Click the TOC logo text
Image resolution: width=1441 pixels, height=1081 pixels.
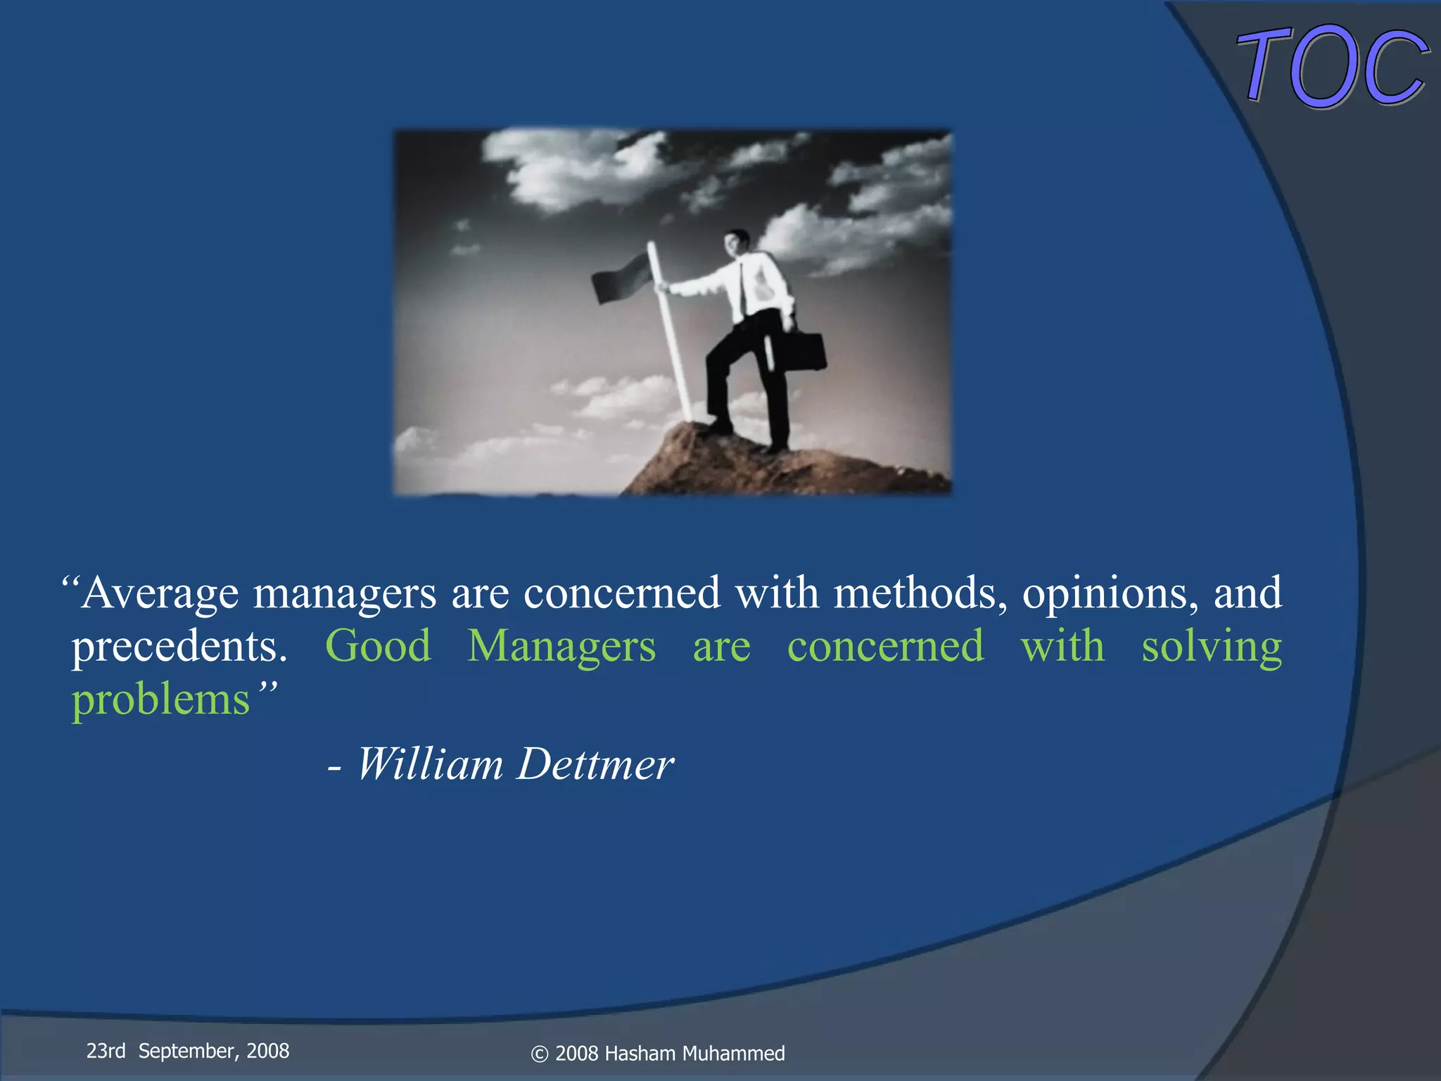click(1332, 67)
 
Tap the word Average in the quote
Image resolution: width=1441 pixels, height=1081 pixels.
click(160, 593)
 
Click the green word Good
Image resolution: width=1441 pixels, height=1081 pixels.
click(378, 646)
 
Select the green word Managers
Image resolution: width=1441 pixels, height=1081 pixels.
click(561, 646)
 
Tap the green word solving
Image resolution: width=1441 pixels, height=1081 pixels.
click(1211, 646)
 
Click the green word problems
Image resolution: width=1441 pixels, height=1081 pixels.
click(160, 700)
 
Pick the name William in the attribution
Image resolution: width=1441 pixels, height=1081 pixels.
click(430, 764)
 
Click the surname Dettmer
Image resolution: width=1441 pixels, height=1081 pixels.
click(595, 764)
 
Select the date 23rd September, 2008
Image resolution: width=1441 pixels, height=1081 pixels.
click(188, 1051)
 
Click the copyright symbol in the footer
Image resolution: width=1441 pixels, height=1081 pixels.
click(539, 1054)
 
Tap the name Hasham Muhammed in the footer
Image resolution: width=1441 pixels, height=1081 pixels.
click(694, 1054)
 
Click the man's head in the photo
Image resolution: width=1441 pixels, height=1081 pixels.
click(736, 244)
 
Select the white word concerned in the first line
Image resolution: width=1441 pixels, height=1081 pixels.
click(622, 593)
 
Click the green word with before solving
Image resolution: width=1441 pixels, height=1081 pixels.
click(1062, 646)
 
